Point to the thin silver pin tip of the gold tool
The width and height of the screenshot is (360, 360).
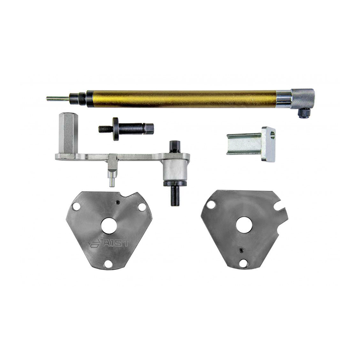click(57, 99)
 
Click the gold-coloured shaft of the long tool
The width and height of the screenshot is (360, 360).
click(181, 99)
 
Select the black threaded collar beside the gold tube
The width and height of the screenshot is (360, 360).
click(78, 98)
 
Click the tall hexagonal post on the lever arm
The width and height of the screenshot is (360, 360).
click(66, 133)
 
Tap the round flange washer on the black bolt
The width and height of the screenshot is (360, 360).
click(116, 129)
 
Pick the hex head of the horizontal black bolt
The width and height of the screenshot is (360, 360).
click(149, 128)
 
